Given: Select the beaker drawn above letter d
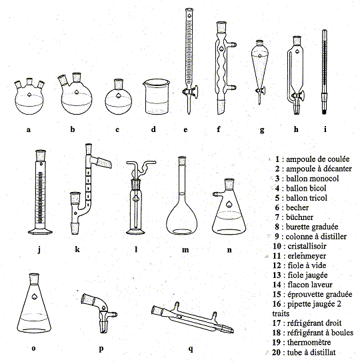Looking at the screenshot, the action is [156, 97].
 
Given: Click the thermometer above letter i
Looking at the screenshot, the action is [325, 71].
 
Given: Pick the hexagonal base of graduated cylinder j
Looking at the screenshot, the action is [41, 231].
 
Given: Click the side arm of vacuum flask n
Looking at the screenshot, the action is [218, 194].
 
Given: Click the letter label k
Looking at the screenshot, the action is [77, 249].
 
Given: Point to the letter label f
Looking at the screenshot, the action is [219, 129].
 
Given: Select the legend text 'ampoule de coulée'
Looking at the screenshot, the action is [318, 159].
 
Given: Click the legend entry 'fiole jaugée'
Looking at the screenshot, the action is [307, 275].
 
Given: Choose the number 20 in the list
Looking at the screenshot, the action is [276, 352].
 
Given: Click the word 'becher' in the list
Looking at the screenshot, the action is [297, 207].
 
